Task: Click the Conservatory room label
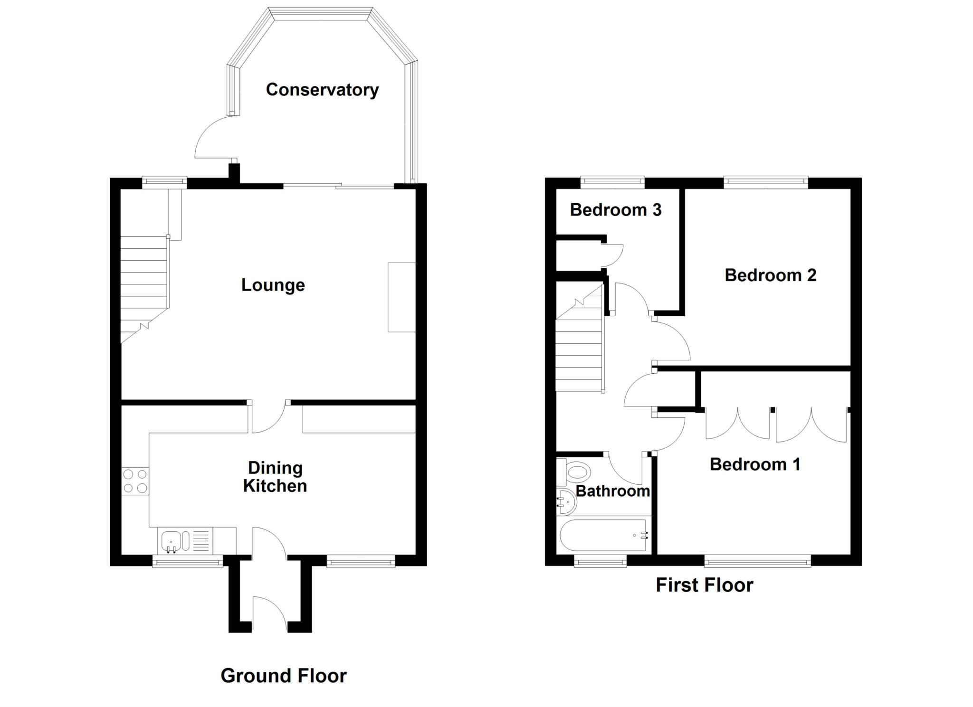(x=322, y=90)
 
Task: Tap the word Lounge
(x=273, y=285)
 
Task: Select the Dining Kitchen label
(x=275, y=477)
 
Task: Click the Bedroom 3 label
(x=615, y=210)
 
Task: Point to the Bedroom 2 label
(x=770, y=275)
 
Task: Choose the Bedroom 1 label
(x=755, y=464)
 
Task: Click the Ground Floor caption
(x=284, y=676)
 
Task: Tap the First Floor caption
(x=704, y=585)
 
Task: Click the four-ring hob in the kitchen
(x=135, y=481)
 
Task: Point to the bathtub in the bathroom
(x=604, y=536)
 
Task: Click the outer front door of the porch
(x=268, y=615)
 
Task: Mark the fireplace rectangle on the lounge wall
(x=401, y=297)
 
